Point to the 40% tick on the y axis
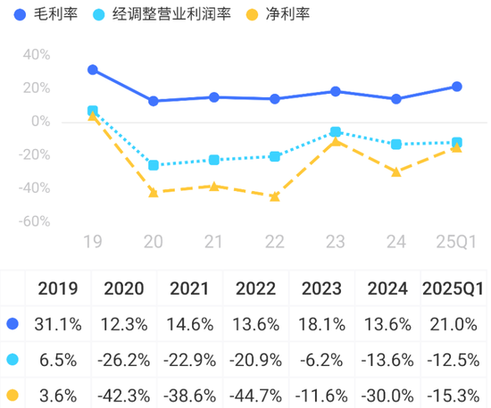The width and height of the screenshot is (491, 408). coord(36,54)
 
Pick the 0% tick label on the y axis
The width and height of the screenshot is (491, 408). coord(39,121)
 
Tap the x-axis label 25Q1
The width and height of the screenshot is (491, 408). coord(456,241)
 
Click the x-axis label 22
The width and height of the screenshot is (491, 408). coord(274,241)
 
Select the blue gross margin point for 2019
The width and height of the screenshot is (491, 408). coord(93,70)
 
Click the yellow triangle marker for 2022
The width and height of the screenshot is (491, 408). coord(274,196)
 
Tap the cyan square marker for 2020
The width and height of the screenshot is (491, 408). coord(154,165)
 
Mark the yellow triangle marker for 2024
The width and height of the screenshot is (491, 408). coord(395,171)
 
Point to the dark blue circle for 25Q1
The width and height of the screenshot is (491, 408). coord(456,87)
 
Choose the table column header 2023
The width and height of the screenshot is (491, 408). coord(321,288)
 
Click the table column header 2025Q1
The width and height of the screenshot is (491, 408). coord(453,288)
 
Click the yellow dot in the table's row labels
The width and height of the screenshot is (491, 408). coord(12,393)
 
